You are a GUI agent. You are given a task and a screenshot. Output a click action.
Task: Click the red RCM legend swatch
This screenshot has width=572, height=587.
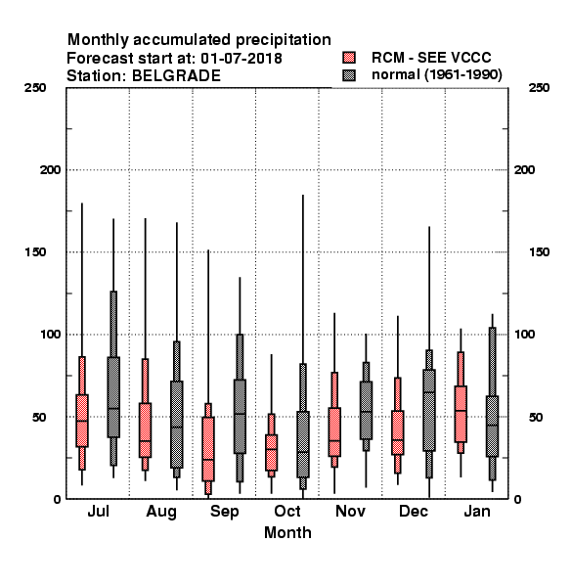(x=349, y=58)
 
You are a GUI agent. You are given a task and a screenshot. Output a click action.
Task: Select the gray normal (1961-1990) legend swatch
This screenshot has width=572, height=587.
(x=349, y=75)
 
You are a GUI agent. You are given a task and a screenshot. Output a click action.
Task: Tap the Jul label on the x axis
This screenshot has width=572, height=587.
(x=98, y=512)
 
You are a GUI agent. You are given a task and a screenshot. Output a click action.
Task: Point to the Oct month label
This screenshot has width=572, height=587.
(x=287, y=512)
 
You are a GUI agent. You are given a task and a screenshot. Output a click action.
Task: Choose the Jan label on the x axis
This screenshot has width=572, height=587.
(x=477, y=512)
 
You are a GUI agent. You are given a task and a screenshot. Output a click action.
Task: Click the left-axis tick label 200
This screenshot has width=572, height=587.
(x=50, y=170)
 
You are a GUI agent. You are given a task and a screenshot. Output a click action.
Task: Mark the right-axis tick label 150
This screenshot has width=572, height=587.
(x=539, y=252)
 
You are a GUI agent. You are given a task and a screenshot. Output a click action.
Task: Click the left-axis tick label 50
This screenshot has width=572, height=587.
(x=39, y=417)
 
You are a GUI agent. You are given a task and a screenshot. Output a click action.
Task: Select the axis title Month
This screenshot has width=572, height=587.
(x=287, y=533)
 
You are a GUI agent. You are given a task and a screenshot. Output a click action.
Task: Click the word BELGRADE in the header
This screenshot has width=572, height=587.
(x=176, y=76)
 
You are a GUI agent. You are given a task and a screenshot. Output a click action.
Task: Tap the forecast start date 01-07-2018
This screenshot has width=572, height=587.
(x=242, y=59)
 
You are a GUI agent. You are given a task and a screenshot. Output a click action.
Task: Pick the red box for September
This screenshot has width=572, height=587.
(x=208, y=449)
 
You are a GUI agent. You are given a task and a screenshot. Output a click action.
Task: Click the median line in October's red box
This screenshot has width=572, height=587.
(x=271, y=449)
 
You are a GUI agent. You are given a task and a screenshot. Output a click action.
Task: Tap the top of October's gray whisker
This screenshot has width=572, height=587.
(x=303, y=195)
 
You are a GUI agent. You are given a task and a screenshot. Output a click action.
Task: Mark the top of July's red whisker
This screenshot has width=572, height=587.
(x=82, y=203)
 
